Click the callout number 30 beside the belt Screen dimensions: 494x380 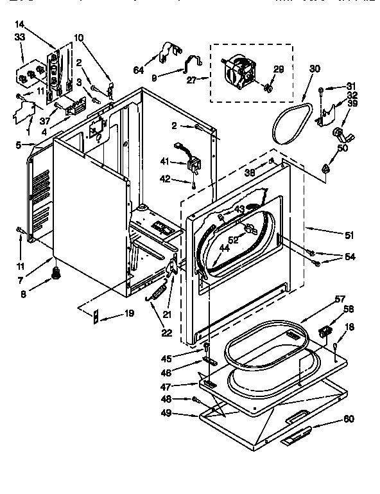pyautogui.click(x=315, y=69)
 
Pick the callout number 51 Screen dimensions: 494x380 pyautogui.click(x=349, y=235)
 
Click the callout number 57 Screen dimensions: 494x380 pyautogui.click(x=340, y=300)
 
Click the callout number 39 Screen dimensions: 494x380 pyautogui.click(x=352, y=103)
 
